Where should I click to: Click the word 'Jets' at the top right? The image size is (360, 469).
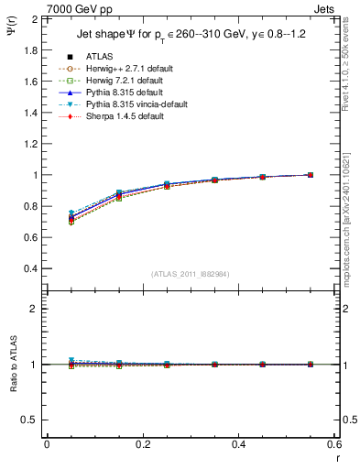point(326,9)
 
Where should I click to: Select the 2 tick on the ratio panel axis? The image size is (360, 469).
point(35,309)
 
